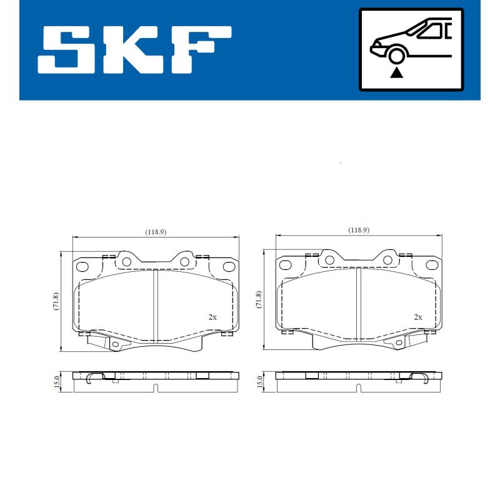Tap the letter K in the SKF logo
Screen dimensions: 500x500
tap(136, 49)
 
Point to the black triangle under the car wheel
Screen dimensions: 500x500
tap(396, 73)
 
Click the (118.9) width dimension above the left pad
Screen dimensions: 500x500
tap(156, 232)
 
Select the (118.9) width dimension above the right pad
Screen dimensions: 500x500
tap(359, 230)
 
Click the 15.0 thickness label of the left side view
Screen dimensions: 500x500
tap(56, 382)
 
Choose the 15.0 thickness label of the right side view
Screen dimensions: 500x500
tap(259, 382)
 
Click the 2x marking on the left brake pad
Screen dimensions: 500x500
tap(212, 317)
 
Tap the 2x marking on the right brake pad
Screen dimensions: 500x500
tap(417, 317)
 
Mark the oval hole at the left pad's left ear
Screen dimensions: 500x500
tap(83, 266)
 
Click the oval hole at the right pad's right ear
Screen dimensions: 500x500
tap(431, 266)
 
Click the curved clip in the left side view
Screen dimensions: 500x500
tap(91, 377)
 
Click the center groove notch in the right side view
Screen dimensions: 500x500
tap(357, 389)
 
